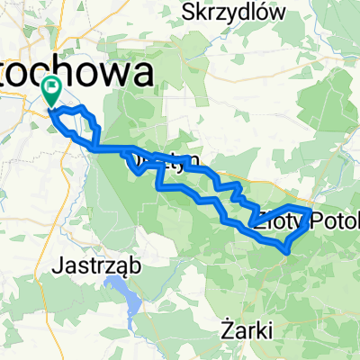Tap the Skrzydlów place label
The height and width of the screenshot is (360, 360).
[x=246, y=12]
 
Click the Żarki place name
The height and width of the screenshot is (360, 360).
[x=247, y=330]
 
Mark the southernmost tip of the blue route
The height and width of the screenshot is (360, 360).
[x=286, y=253]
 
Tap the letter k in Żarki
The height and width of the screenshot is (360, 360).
[x=259, y=330]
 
